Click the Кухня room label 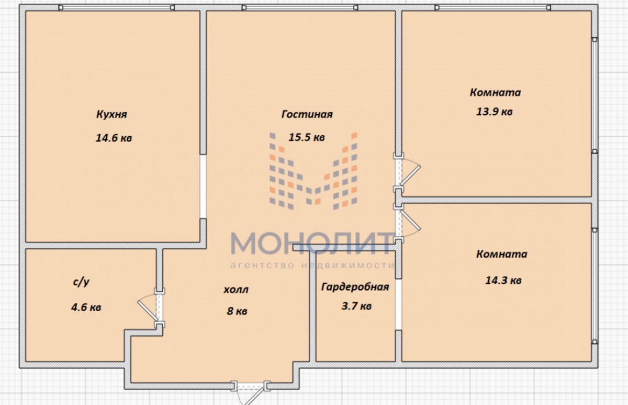[x=111, y=115]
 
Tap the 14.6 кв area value [x=114, y=138]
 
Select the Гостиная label [x=307, y=114]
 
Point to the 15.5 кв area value [x=307, y=137]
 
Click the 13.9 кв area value [x=495, y=112]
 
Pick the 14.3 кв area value [x=503, y=280]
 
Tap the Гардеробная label [x=355, y=287]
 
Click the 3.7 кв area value [x=356, y=306]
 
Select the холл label [x=236, y=290]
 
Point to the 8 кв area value [x=237, y=311]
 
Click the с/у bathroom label [x=81, y=282]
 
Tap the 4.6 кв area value [x=86, y=308]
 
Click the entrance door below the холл [x=250, y=391]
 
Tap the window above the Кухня [x=117, y=7]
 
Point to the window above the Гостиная [x=300, y=7]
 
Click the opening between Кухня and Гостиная [x=203, y=186]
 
